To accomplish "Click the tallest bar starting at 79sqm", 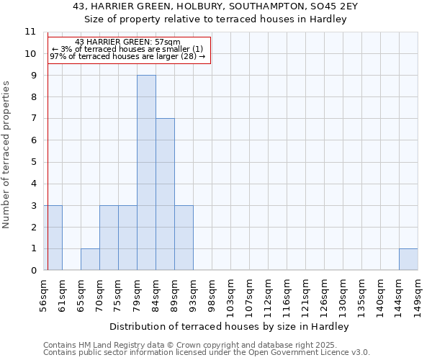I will click(146, 173).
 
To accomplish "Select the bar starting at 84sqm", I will click(165, 194).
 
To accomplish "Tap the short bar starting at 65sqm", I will click(90, 259).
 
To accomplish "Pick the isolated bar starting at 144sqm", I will click(408, 259).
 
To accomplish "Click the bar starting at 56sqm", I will click(54, 238).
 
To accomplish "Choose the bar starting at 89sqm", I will click(184, 238).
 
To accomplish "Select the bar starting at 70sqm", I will click(109, 238).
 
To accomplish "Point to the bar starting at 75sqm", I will click(127, 238).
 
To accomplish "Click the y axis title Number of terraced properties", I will click(7, 155).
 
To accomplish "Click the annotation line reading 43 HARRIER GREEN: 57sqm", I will click(127, 42).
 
